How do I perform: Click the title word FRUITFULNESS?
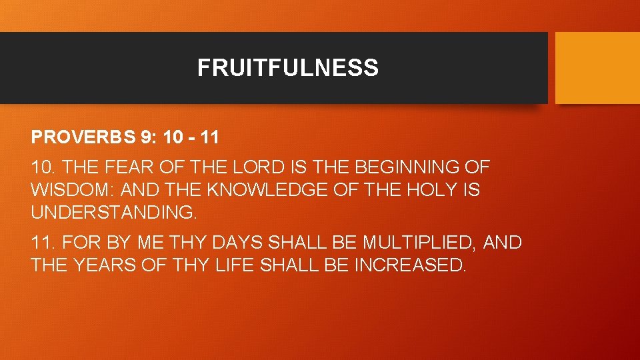pyautogui.click(x=287, y=68)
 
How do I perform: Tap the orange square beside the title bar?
pyautogui.click(x=597, y=68)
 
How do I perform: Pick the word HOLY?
pyautogui.click(x=425, y=191)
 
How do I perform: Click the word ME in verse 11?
pyautogui.click(x=149, y=243)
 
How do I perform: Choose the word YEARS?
pyautogui.click(x=106, y=265)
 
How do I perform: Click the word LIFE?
pyautogui.click(x=234, y=265)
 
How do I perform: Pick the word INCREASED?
pyautogui.click(x=409, y=265)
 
